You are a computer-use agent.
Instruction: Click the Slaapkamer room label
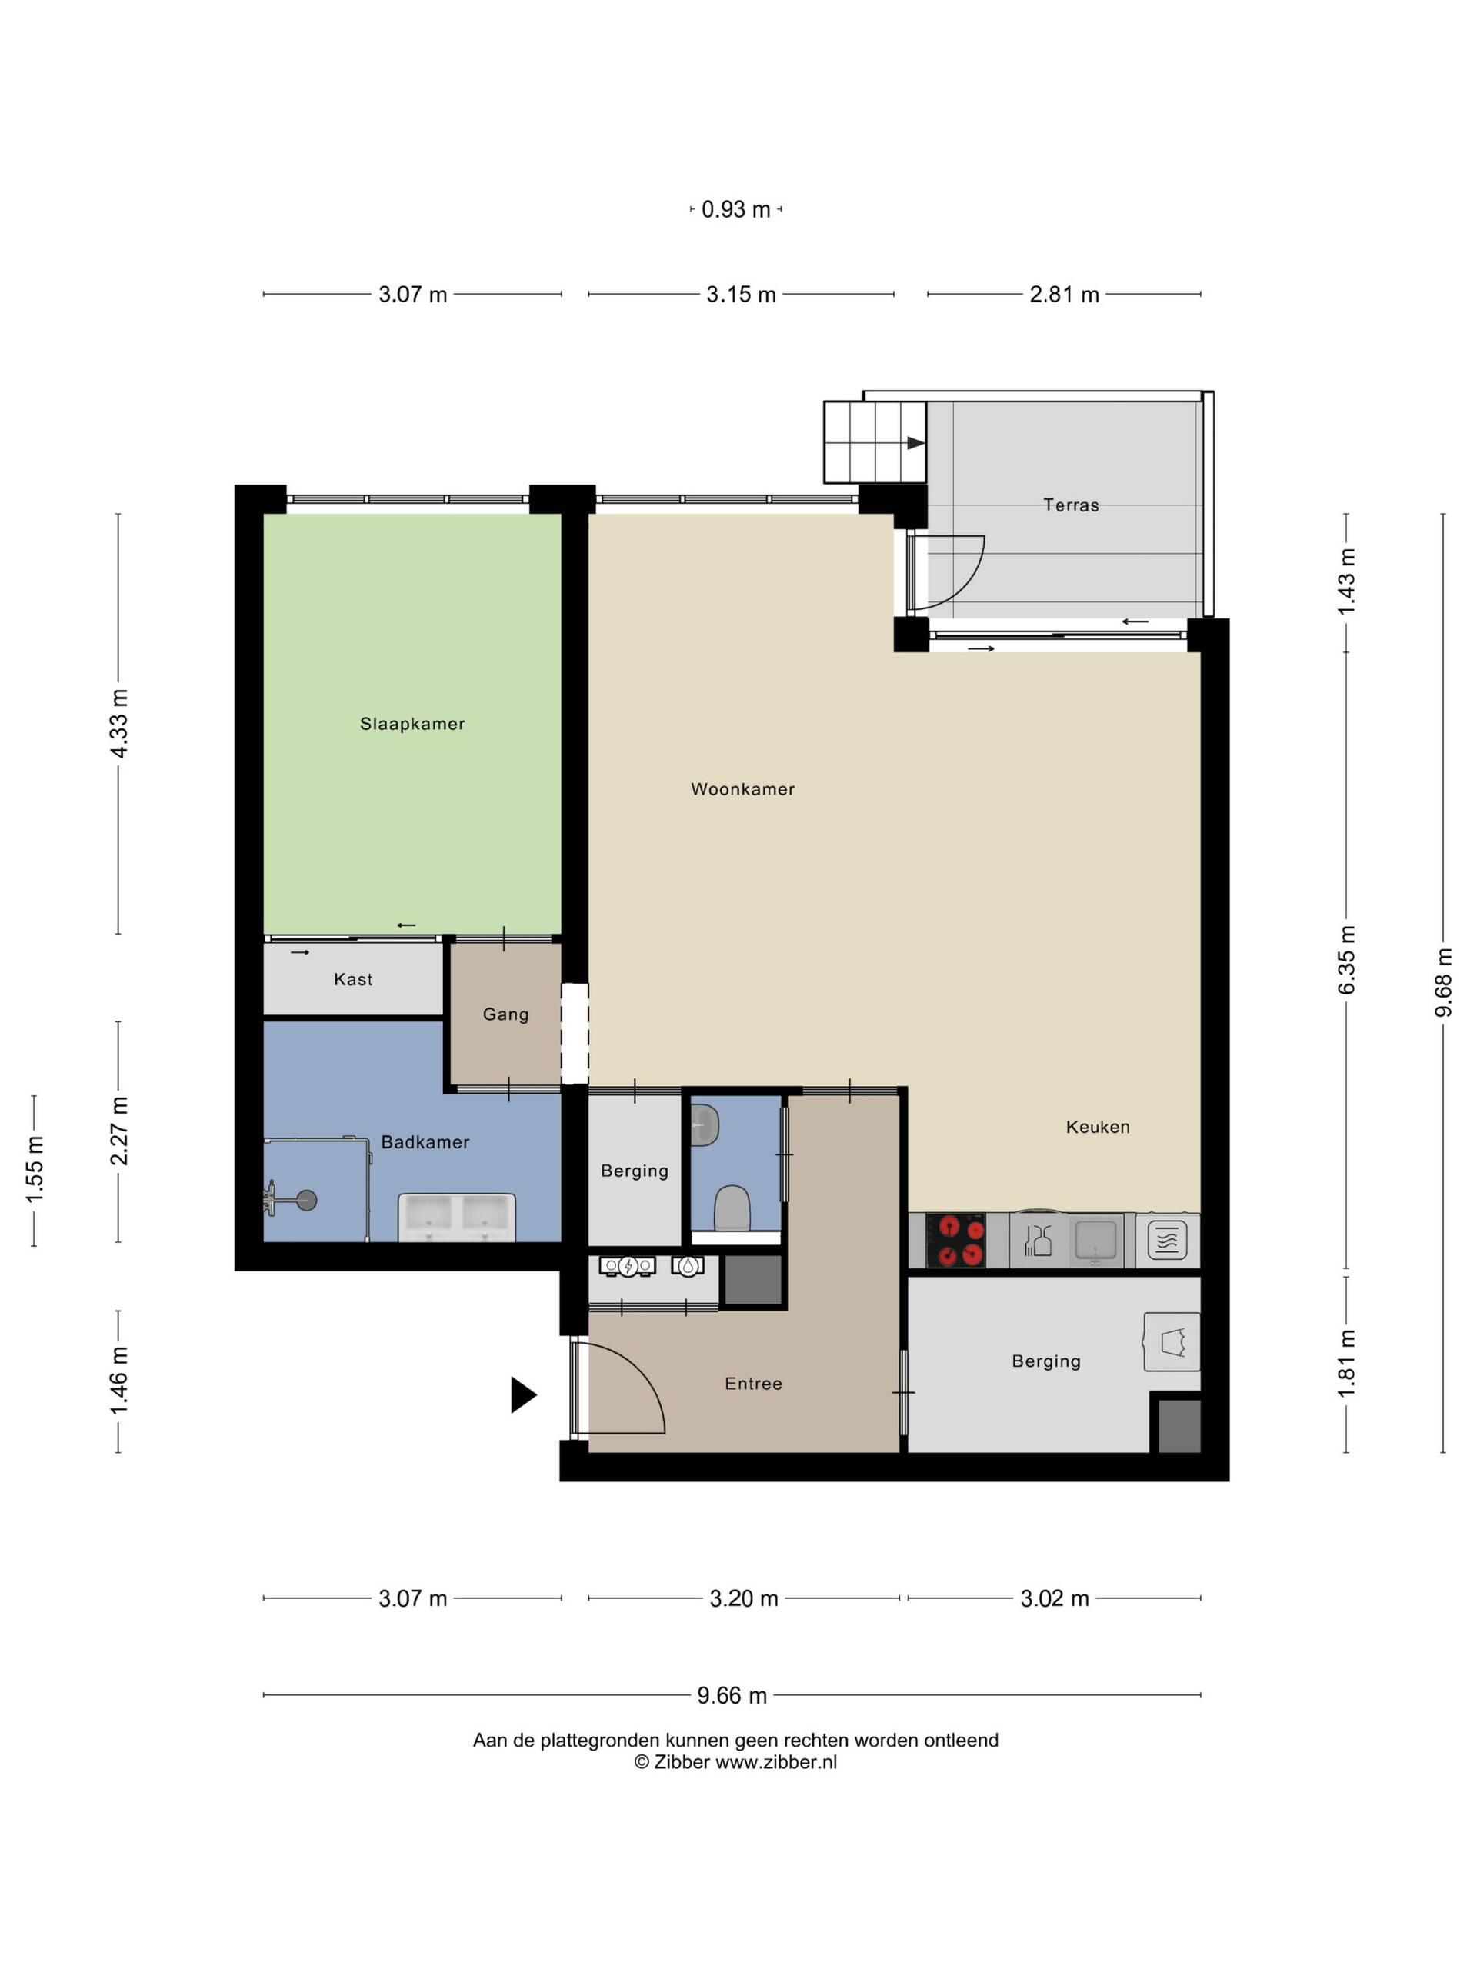coord(412,724)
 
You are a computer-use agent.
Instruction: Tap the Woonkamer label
coord(742,788)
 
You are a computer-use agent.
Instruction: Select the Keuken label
coord(1098,1127)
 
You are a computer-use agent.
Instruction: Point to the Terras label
coord(1071,505)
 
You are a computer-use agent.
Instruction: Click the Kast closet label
coord(353,979)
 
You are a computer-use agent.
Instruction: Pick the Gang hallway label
coord(505,1014)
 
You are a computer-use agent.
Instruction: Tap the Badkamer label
coord(425,1142)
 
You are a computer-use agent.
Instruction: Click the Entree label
coord(753,1383)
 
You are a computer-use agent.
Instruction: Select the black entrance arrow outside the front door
coord(522,1395)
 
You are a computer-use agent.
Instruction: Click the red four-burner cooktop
coord(955,1241)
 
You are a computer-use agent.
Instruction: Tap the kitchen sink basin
coord(1095,1238)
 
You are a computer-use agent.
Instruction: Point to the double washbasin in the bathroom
coord(457,1217)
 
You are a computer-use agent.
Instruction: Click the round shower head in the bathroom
coord(307,1201)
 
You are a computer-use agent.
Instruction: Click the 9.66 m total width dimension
coord(732,1696)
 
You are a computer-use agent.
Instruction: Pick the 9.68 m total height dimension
coord(1443,982)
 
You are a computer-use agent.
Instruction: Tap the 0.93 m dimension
coord(735,209)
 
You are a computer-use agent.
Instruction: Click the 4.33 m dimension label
coord(118,723)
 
